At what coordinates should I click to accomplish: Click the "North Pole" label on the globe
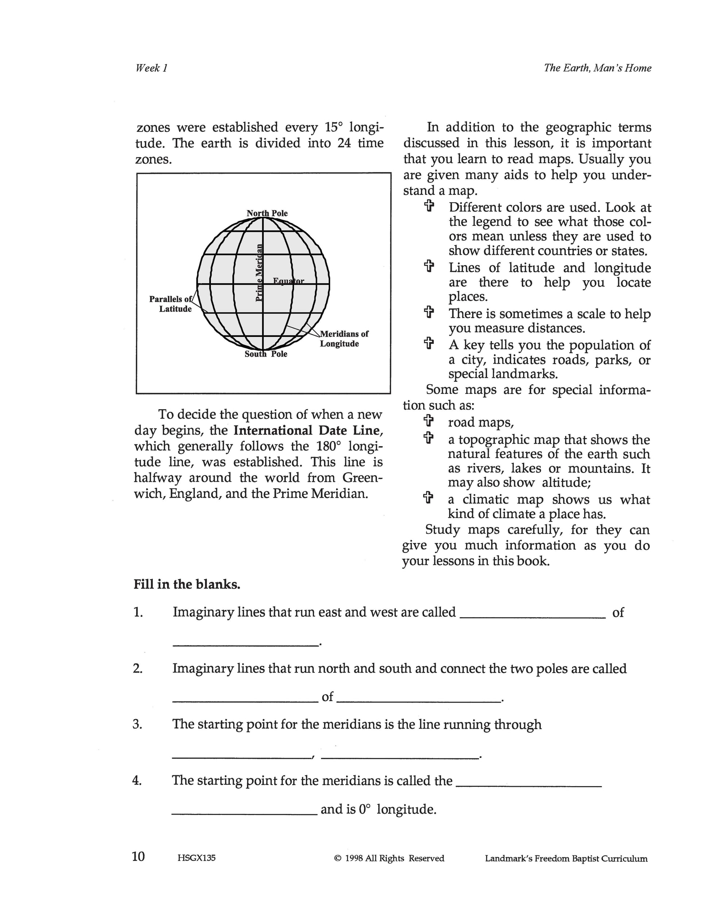267,214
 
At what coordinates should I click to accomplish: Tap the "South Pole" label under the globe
266,354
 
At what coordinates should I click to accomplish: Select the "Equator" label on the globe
289,281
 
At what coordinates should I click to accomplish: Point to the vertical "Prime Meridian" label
259,272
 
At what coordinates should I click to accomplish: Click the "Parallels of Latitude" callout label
170,304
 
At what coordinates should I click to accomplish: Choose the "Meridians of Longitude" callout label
344,339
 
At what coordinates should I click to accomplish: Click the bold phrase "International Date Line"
308,430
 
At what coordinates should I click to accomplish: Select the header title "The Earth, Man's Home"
597,68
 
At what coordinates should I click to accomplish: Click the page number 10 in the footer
138,856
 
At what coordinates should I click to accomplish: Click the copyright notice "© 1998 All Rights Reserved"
389,858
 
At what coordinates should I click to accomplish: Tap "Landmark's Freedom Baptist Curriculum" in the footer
566,858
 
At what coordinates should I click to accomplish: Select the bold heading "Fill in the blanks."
187,584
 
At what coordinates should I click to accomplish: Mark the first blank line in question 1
533,617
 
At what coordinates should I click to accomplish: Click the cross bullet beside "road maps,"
428,421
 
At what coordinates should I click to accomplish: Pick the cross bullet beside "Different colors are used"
429,206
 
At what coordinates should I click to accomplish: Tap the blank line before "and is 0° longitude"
244,815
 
